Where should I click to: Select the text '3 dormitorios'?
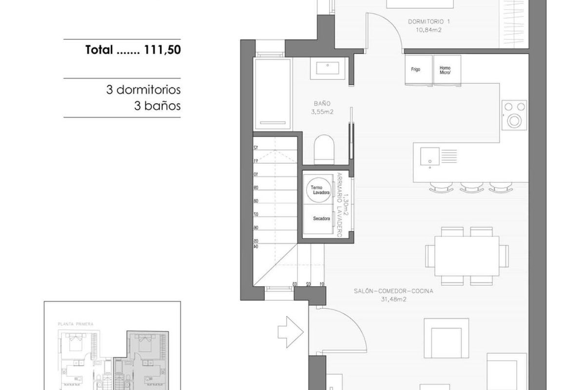143,90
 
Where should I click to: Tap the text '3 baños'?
157,105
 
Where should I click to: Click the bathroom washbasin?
330,68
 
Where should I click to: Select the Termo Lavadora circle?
319,190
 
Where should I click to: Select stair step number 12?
255,147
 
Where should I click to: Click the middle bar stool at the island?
470,186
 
